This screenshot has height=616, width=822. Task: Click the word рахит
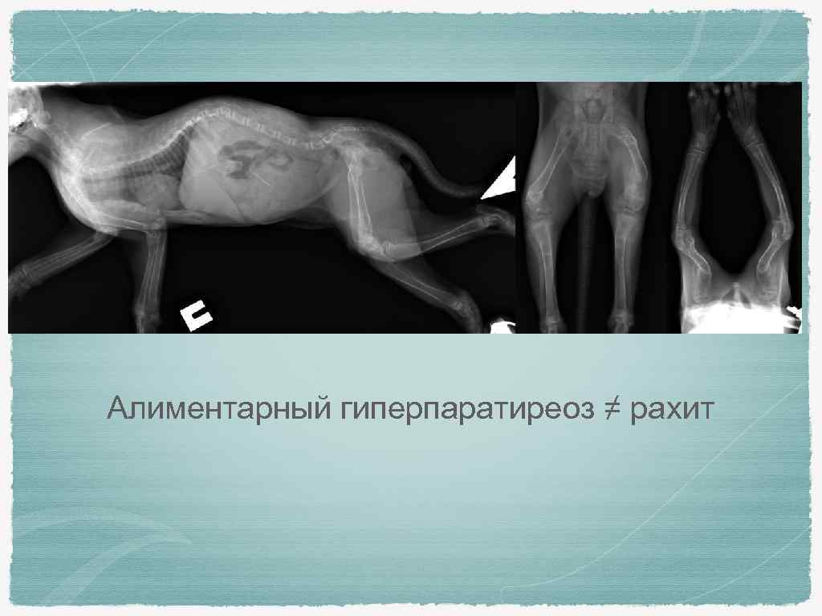(671, 409)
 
